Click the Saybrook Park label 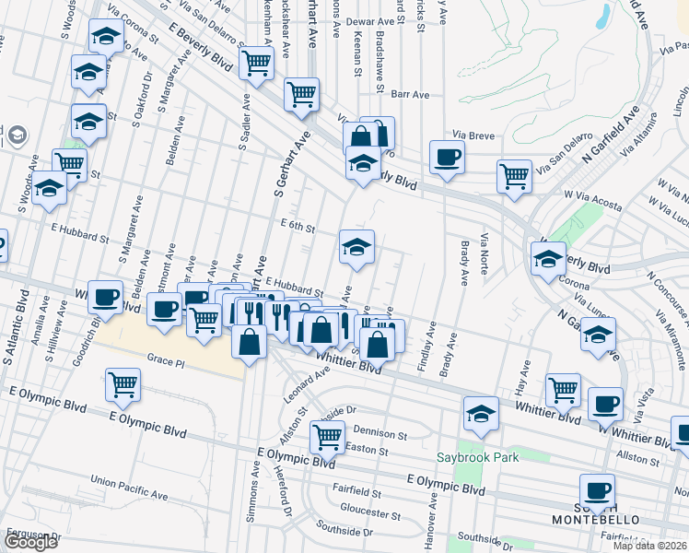478,457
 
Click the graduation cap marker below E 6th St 357,246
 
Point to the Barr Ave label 411,94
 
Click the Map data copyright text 650,546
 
